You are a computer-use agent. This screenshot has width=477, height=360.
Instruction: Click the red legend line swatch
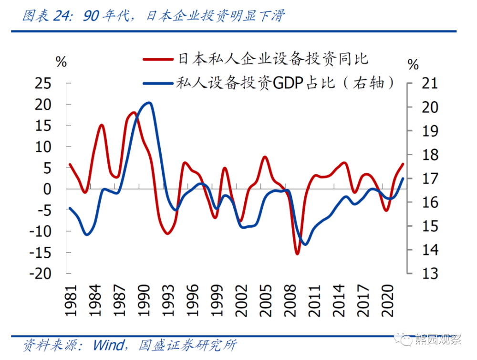pyautogui.click(x=158, y=58)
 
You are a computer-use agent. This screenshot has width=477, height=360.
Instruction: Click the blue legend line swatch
pyautogui.click(x=158, y=84)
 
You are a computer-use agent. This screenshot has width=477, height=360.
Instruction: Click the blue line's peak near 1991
pyautogui.click(x=149, y=103)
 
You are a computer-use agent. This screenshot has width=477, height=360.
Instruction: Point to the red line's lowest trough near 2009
pyautogui.click(x=297, y=254)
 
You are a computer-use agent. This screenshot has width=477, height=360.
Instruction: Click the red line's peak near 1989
pyautogui.click(x=134, y=113)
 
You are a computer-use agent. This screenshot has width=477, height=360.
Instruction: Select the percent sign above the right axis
pyautogui.click(x=413, y=64)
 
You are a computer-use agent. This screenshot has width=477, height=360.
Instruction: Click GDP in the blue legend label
pyautogui.click(x=285, y=84)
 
